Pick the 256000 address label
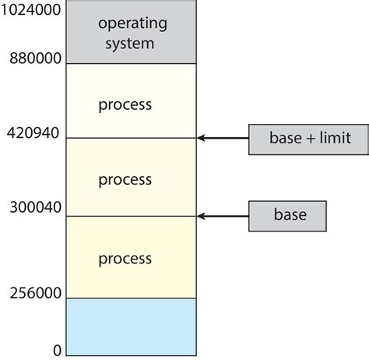34,293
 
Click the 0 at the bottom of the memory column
57,351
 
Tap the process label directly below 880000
125,104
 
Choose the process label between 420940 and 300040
125,179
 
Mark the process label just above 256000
125,258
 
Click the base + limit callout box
300,139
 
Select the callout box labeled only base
287,216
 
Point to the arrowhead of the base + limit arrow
202,139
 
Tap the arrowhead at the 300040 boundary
202,216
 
